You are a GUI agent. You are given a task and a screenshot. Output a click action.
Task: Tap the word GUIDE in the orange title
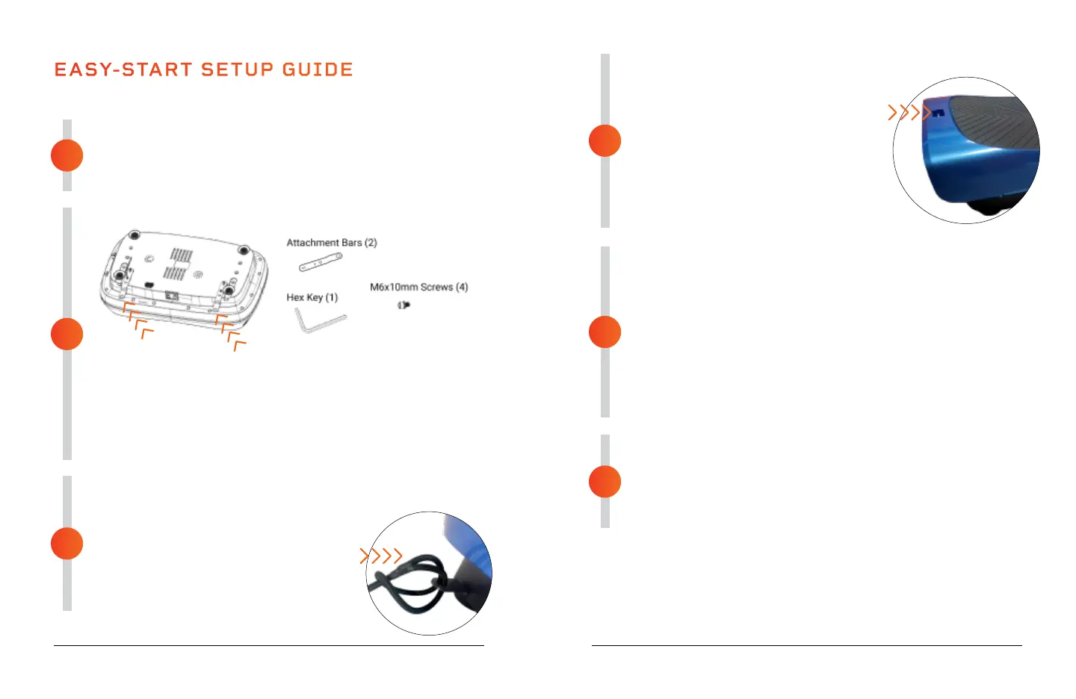pos(318,69)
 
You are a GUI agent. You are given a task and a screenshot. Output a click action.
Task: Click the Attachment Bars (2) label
pos(332,243)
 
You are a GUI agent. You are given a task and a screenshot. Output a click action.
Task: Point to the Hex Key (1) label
pos(312,297)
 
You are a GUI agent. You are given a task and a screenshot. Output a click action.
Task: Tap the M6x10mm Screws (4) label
pos(418,287)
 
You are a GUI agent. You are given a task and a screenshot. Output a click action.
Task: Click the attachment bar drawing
pos(321,262)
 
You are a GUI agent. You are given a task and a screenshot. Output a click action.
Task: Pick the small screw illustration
pos(403,305)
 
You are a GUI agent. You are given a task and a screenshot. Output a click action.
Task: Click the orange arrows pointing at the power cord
pos(381,556)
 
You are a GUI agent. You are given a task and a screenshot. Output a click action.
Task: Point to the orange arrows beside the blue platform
pos(909,113)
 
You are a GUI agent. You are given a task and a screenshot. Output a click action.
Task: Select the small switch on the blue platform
pos(939,114)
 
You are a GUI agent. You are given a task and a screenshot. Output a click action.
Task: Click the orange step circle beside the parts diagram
pos(67,334)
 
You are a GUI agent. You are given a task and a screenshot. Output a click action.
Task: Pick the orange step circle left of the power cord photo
pos(67,544)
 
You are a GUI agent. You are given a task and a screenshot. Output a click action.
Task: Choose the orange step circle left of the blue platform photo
pos(605,140)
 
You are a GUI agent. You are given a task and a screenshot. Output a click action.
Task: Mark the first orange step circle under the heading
pos(67,155)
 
